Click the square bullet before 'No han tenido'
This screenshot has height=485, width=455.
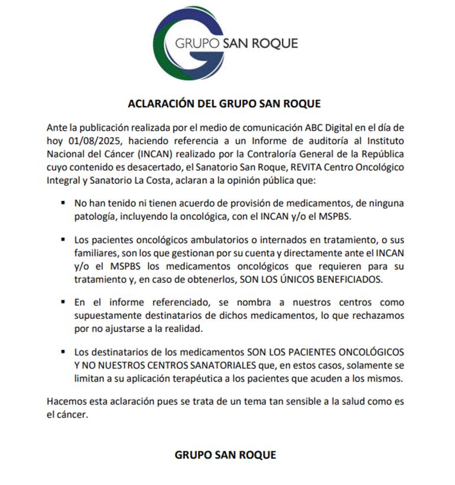(63, 203)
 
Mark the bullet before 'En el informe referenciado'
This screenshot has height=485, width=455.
(63, 302)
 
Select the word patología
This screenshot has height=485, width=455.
(95, 216)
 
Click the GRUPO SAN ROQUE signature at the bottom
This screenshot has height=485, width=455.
(225, 455)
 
